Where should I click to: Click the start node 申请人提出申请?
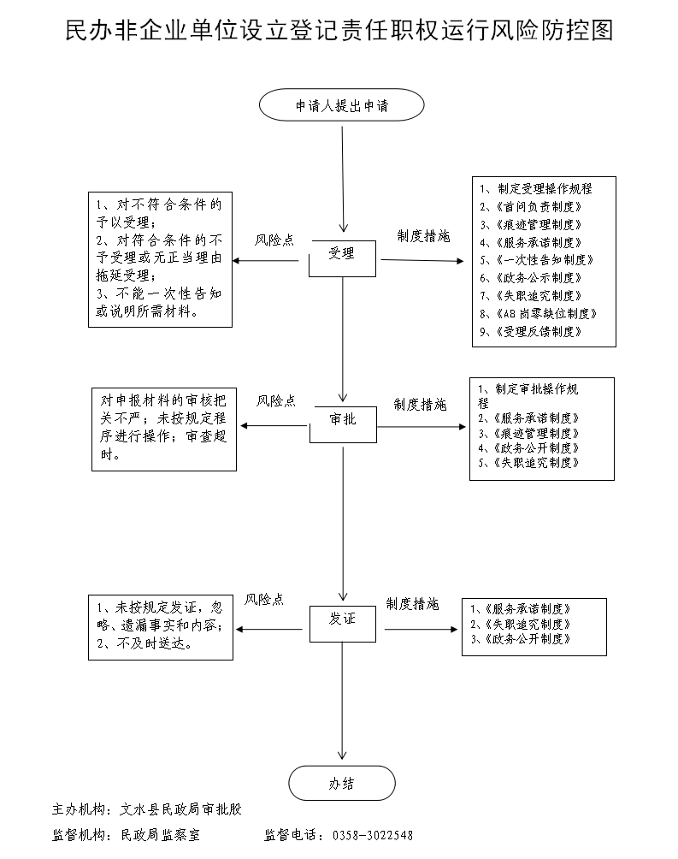click(x=342, y=106)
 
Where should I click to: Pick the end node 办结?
click(x=342, y=783)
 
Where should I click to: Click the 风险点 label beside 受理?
click(x=274, y=240)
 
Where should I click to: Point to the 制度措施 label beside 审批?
click(x=420, y=405)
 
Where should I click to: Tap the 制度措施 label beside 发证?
click(x=412, y=604)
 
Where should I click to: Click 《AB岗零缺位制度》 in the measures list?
click(x=537, y=313)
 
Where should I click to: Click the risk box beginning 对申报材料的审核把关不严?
click(x=164, y=428)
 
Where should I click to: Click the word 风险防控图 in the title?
click(x=556, y=31)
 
